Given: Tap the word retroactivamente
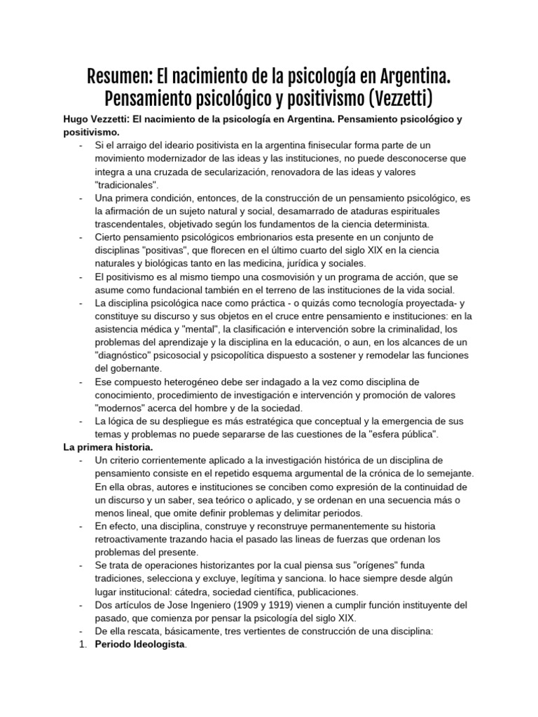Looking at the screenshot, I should pyautogui.click(x=136, y=539).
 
